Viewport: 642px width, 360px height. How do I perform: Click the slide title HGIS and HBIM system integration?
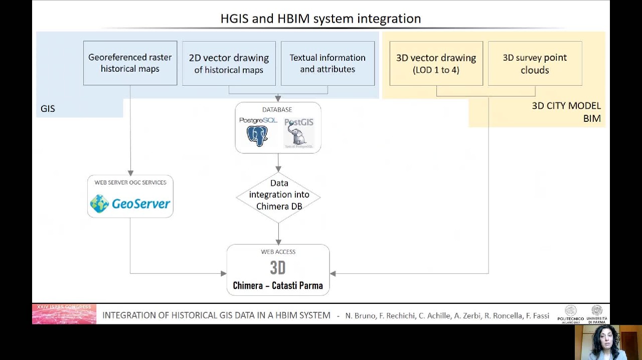(320, 19)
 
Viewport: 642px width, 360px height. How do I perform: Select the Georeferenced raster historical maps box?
(130, 63)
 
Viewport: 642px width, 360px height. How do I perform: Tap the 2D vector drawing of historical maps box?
(229, 64)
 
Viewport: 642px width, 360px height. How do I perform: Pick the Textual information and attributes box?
(328, 64)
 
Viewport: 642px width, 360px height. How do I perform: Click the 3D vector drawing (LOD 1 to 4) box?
(436, 64)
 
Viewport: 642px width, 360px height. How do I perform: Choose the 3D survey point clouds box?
(535, 64)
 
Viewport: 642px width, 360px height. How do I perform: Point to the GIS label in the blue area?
(48, 109)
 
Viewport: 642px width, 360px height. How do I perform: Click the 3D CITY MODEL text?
(566, 106)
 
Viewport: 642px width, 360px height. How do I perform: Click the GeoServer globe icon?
(99, 204)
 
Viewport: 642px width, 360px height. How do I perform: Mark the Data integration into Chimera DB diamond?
(278, 195)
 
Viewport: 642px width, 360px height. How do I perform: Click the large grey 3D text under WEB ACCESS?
(278, 268)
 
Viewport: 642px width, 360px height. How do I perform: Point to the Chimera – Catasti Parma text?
(278, 286)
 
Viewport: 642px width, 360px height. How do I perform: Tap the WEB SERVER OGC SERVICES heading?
(130, 183)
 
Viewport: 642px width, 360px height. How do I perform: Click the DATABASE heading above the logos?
(277, 110)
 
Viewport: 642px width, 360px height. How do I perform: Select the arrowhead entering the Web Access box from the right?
(333, 273)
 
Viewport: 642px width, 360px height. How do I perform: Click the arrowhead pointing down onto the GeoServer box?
(130, 173)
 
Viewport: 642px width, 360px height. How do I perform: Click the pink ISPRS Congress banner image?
(64, 314)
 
